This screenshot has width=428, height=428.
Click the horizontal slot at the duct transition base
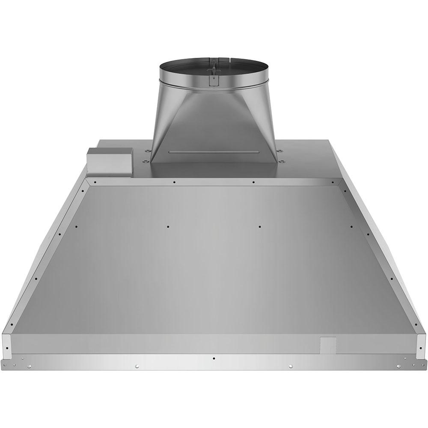(x=214, y=152)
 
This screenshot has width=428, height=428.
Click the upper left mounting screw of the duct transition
(x=147, y=151)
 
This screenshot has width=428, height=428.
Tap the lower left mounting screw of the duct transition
(x=145, y=161)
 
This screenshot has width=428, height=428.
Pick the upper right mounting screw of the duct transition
(x=279, y=151)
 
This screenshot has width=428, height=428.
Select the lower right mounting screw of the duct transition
(x=282, y=161)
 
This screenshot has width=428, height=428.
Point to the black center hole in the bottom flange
(x=214, y=358)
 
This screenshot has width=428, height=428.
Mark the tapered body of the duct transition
(x=214, y=120)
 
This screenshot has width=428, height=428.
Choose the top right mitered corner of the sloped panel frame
(x=341, y=182)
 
